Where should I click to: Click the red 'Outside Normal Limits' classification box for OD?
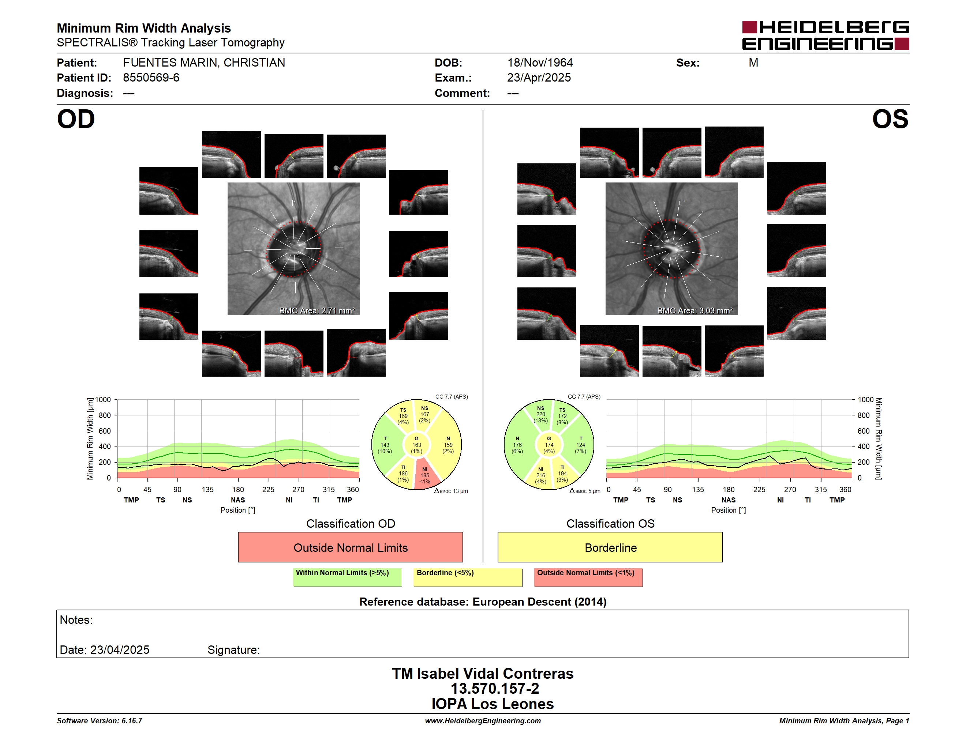(x=350, y=547)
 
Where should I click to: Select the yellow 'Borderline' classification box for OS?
(x=610, y=547)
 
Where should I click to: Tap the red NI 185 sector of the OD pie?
(x=426, y=475)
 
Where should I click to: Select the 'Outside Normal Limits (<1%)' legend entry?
(x=588, y=576)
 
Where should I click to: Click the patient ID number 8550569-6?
(x=151, y=78)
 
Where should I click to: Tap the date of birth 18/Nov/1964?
(x=540, y=63)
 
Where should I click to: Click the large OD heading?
(x=76, y=119)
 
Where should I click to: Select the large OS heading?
(x=890, y=119)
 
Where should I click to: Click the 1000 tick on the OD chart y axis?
(x=102, y=400)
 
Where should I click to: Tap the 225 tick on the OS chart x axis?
(x=759, y=489)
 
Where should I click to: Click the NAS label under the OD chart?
(x=238, y=500)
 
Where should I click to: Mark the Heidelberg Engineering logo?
(x=825, y=35)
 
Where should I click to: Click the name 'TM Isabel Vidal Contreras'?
(x=483, y=673)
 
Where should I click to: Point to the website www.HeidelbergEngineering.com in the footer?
(x=483, y=721)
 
